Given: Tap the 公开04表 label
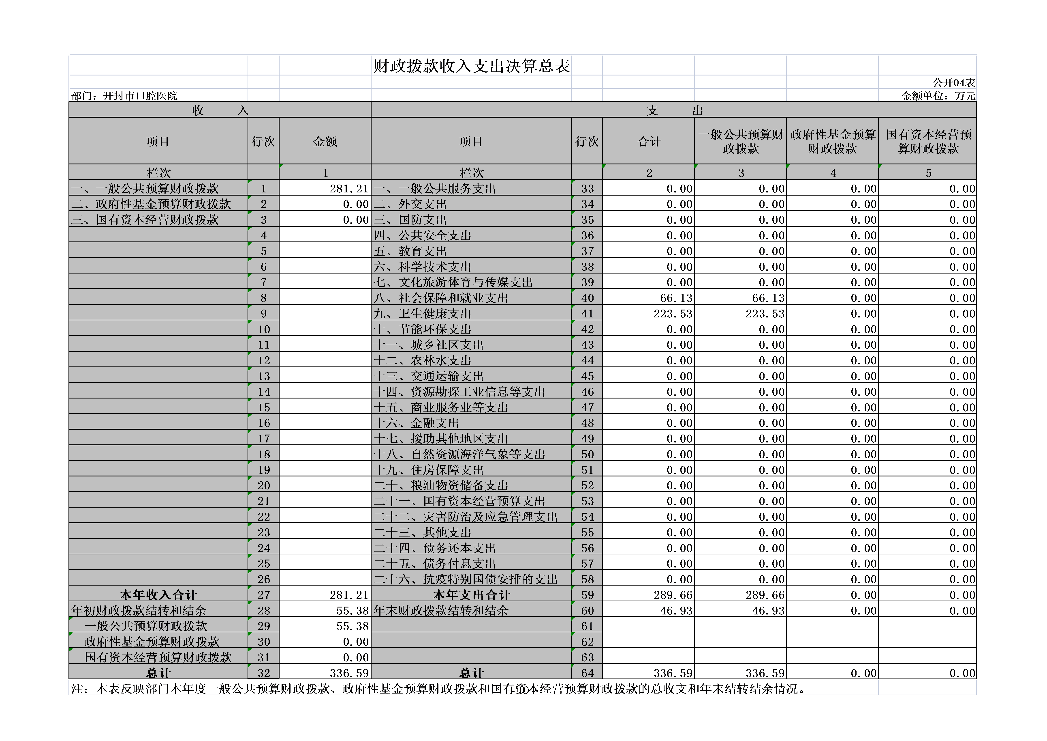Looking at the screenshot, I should pyautogui.click(x=953, y=83).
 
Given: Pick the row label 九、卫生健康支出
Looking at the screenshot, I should pyautogui.click(x=422, y=313).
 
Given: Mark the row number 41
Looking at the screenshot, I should pyautogui.click(x=587, y=313).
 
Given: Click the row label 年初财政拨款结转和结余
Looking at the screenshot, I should pyautogui.click(x=139, y=610).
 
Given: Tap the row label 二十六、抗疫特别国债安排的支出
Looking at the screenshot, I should pyautogui.click(x=465, y=579).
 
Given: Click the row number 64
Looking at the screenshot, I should pyautogui.click(x=587, y=673).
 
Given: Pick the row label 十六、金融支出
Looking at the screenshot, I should pyautogui.click(x=416, y=423).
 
